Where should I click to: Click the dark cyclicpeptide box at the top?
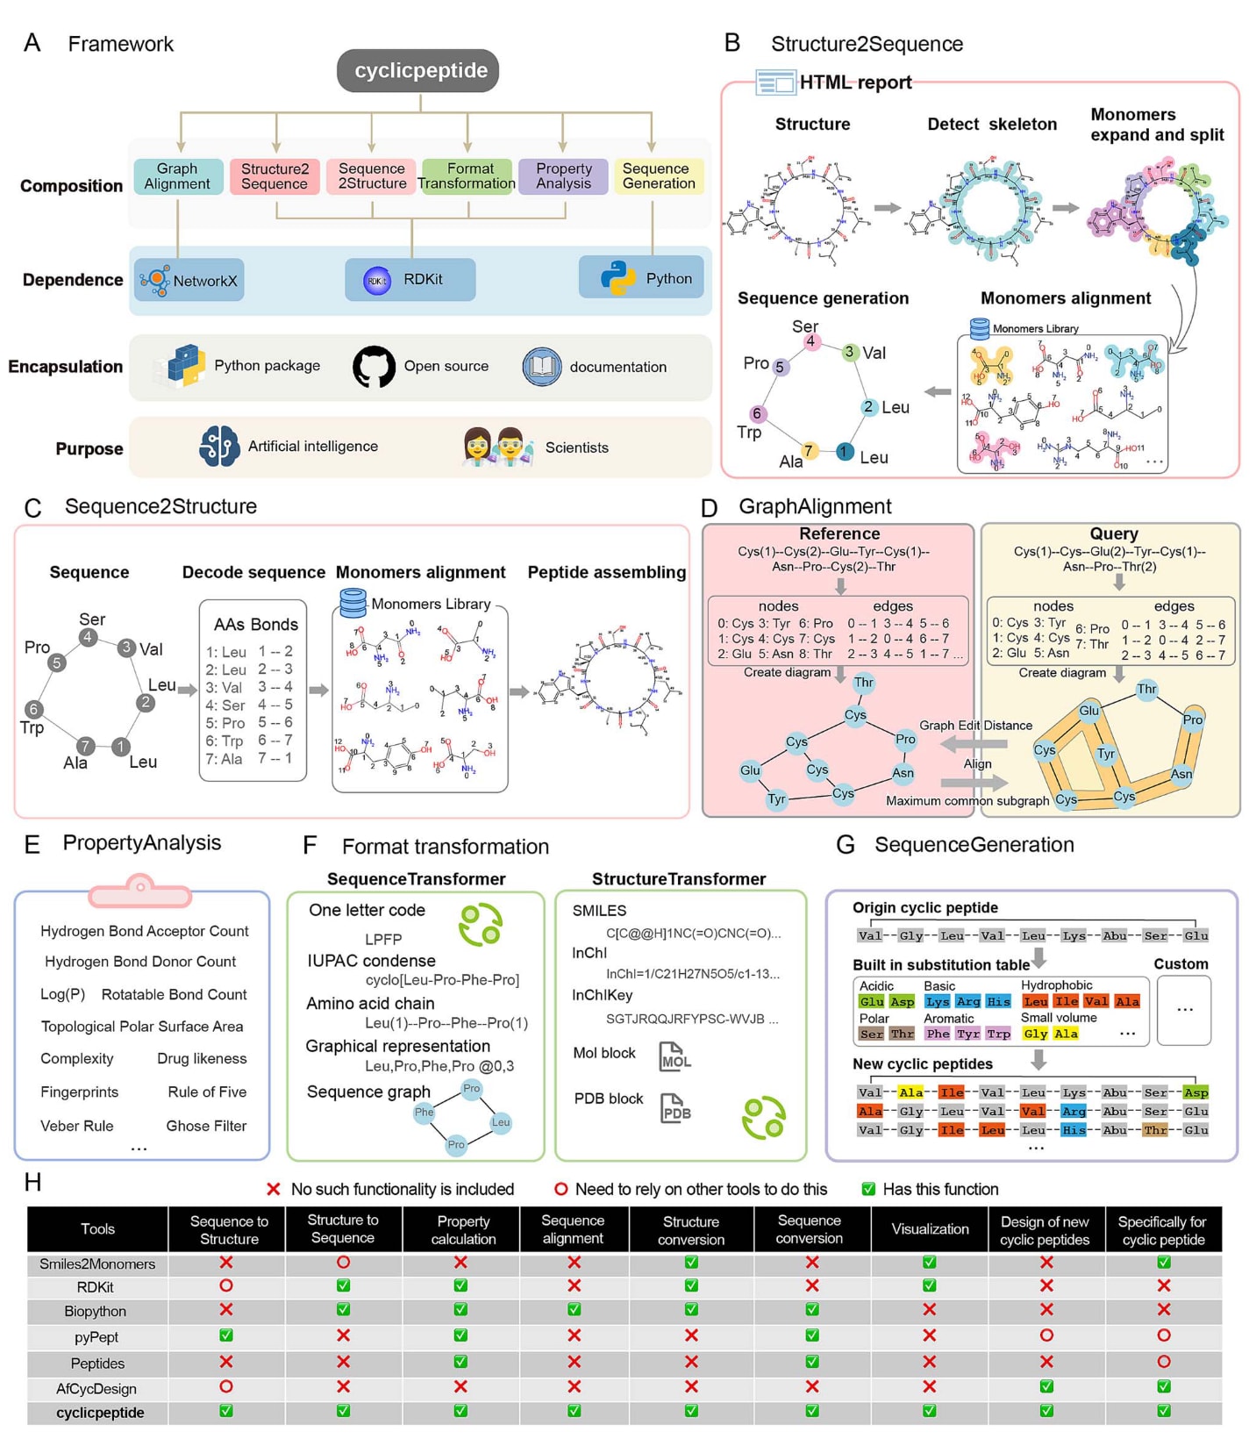(417, 71)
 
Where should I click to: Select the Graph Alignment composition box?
(178, 176)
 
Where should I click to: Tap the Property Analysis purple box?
(563, 176)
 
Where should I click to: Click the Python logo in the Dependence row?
(618, 278)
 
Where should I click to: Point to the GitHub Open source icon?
(374, 367)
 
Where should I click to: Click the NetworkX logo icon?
(155, 281)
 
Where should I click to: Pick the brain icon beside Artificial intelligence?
(218, 447)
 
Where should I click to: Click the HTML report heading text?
(855, 82)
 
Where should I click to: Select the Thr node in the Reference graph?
(864, 683)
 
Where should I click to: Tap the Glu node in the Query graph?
(1088, 711)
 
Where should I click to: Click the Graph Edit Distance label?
(975, 726)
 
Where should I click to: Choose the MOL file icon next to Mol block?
(674, 1056)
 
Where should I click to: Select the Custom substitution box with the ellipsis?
(1184, 1010)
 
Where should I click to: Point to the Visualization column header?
(930, 1229)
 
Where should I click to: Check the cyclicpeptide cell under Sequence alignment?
(574, 1411)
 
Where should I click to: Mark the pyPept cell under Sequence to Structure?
(226, 1335)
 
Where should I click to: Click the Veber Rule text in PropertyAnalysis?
(77, 1126)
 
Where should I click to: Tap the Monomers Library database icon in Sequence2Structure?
(353, 603)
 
